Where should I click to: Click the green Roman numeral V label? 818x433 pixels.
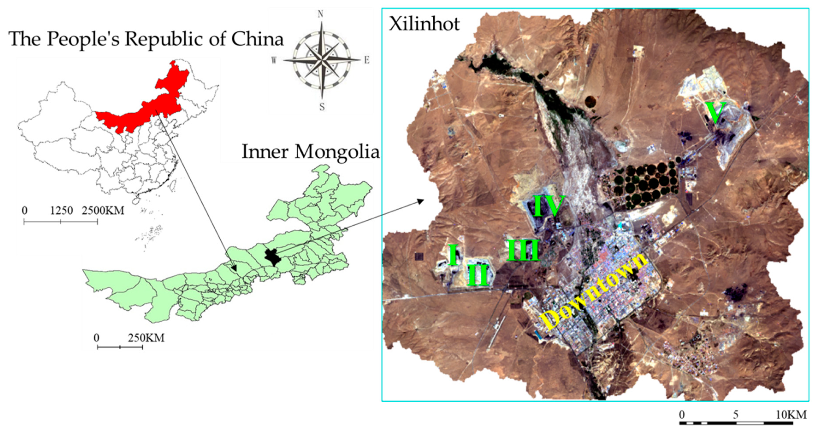point(715,113)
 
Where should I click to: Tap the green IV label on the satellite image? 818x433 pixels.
point(548,205)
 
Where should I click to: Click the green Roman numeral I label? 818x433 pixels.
point(452,254)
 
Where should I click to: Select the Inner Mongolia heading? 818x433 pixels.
point(310,152)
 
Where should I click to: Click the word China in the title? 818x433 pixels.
point(257,39)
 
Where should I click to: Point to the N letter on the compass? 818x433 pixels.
point(320,14)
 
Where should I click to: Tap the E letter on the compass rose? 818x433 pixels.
point(367,60)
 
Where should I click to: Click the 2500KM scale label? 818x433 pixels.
point(103,210)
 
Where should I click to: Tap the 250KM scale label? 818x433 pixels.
point(146,338)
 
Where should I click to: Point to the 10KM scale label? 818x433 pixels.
point(791,415)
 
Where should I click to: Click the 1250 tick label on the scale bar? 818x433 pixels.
point(61,210)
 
